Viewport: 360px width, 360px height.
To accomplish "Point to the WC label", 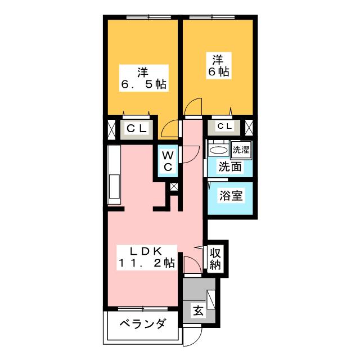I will click(x=168, y=161).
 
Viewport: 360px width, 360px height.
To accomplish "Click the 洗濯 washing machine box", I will click(x=241, y=150).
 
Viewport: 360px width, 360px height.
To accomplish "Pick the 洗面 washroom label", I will click(x=230, y=167).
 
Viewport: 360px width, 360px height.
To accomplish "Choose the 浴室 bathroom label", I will click(x=230, y=197).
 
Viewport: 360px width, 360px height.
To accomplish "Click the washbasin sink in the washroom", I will click(x=217, y=150).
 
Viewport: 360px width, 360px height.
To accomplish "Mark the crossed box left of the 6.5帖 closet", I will click(x=110, y=129).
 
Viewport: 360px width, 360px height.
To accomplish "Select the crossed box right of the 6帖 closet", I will click(x=250, y=127).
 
